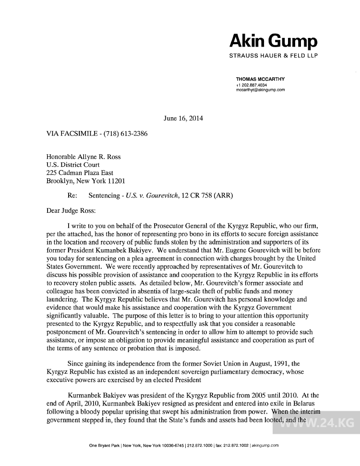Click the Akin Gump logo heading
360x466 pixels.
pos(274,40)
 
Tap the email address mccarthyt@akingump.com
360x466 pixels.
pos(261,89)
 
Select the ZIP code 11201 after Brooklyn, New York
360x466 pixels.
pos(116,181)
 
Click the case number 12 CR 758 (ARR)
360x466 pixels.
pos(209,196)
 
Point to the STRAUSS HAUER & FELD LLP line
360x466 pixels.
pos(274,56)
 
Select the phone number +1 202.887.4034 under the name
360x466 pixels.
pos(252,85)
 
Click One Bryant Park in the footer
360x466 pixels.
pos(104,445)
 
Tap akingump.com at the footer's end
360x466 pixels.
pos(265,445)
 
